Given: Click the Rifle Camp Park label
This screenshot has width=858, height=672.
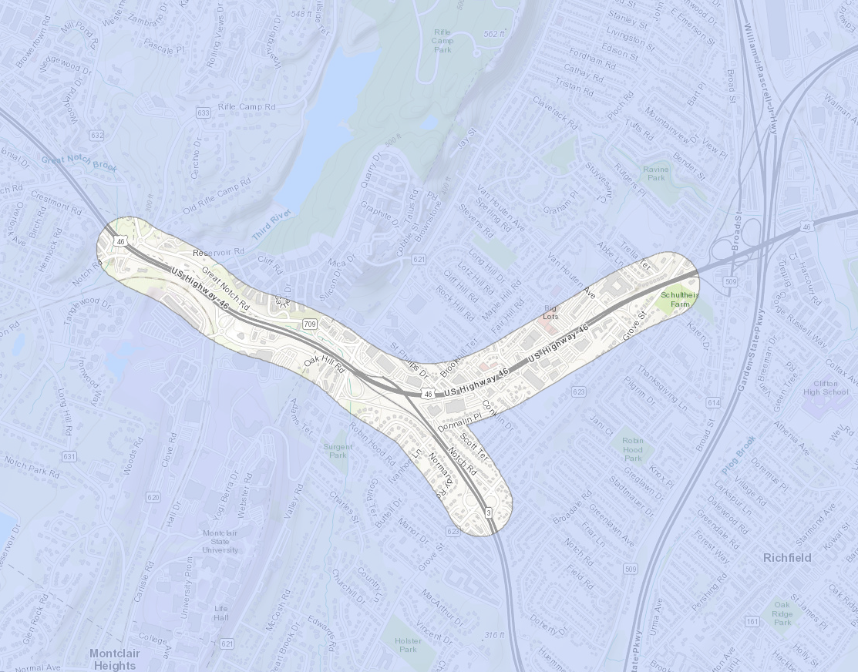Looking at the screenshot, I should [x=442, y=40].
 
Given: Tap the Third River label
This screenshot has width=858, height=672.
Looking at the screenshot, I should [x=271, y=224].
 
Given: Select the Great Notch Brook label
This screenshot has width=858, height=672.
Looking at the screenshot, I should [x=79, y=163].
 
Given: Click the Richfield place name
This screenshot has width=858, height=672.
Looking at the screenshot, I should [x=786, y=557].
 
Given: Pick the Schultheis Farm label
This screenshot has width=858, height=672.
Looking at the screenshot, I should [x=679, y=299].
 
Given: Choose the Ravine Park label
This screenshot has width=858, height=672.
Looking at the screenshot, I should [x=655, y=173].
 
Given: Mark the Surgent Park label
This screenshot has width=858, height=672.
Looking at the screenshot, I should [x=338, y=451].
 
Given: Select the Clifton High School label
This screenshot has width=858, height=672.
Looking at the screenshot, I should [x=825, y=388].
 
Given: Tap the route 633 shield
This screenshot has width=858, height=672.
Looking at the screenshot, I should [x=204, y=113].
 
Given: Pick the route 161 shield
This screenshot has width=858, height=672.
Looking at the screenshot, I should [x=752, y=621].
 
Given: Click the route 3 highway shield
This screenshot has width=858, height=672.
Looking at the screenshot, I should [x=488, y=512].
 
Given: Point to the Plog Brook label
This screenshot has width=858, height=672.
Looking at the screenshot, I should [x=739, y=455].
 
